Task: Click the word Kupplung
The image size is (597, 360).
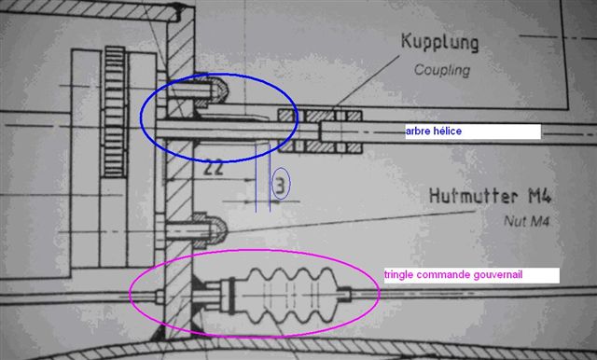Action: [x=439, y=43]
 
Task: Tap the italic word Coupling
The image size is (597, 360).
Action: [x=442, y=70]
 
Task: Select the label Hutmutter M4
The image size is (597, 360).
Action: [x=490, y=196]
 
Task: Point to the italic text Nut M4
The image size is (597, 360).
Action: [x=526, y=221]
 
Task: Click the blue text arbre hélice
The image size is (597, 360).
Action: [x=433, y=132]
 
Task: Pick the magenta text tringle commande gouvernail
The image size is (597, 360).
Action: [x=453, y=275]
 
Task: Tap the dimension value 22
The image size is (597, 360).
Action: [x=214, y=169]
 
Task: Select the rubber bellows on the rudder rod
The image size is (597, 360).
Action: [x=288, y=296]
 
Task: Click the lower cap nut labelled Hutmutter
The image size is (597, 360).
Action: [x=210, y=230]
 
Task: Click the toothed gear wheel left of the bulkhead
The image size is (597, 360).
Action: [x=115, y=112]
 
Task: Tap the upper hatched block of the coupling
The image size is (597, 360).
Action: [x=319, y=116]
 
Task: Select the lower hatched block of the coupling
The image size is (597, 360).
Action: [x=319, y=146]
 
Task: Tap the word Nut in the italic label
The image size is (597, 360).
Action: [x=514, y=221]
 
